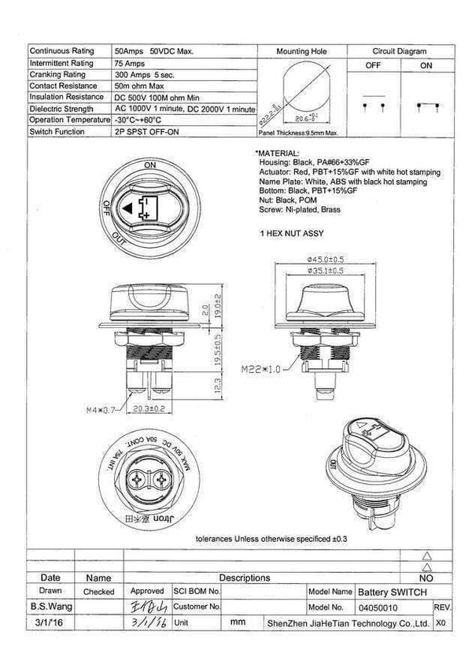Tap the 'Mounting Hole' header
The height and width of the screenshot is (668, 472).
(x=301, y=51)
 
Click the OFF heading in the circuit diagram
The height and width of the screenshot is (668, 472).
(x=373, y=66)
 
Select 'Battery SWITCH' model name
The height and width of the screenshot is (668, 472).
(x=393, y=592)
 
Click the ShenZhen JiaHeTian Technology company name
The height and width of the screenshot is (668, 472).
(x=346, y=622)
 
